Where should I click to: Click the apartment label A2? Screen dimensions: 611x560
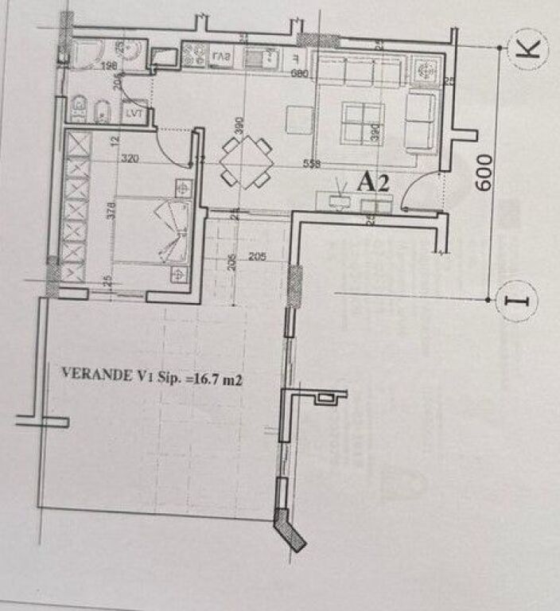(x=371, y=182)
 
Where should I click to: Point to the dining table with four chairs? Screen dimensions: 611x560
(x=246, y=162)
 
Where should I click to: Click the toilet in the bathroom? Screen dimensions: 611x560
(x=79, y=108)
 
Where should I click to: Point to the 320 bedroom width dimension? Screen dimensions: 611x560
(x=130, y=158)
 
